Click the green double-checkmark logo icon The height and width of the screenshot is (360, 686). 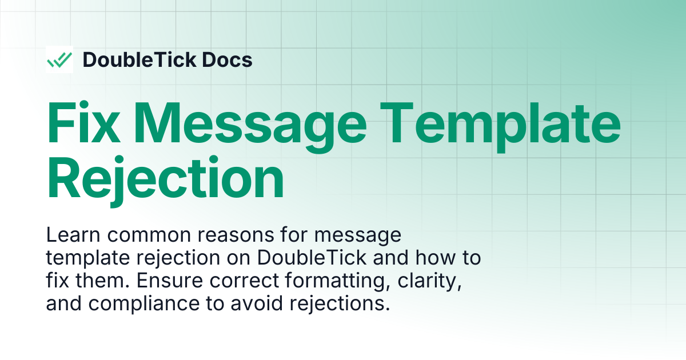tap(59, 59)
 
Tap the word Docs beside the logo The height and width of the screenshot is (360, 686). tap(228, 59)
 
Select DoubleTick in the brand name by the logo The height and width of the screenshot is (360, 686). tap(139, 59)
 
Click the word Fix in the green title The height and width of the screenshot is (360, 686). tap(83, 122)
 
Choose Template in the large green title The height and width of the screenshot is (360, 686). tap(500, 127)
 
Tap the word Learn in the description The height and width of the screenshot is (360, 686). tap(73, 235)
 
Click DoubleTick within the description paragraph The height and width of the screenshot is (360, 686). tap(312, 258)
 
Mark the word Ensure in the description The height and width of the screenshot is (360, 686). tap(170, 281)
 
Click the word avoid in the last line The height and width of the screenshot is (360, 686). tap(257, 303)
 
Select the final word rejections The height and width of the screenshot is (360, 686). tap(340, 304)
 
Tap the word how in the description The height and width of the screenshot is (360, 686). tap(435, 258)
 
